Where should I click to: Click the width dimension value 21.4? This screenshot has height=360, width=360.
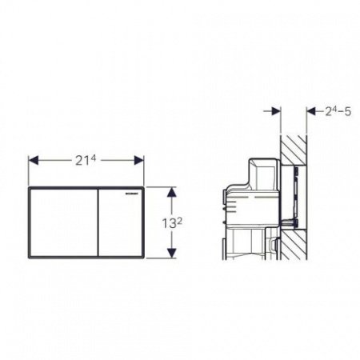[x=86, y=159]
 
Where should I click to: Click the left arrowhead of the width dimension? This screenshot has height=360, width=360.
[x=33, y=160]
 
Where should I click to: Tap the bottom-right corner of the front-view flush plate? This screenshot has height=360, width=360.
[x=143, y=256]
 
